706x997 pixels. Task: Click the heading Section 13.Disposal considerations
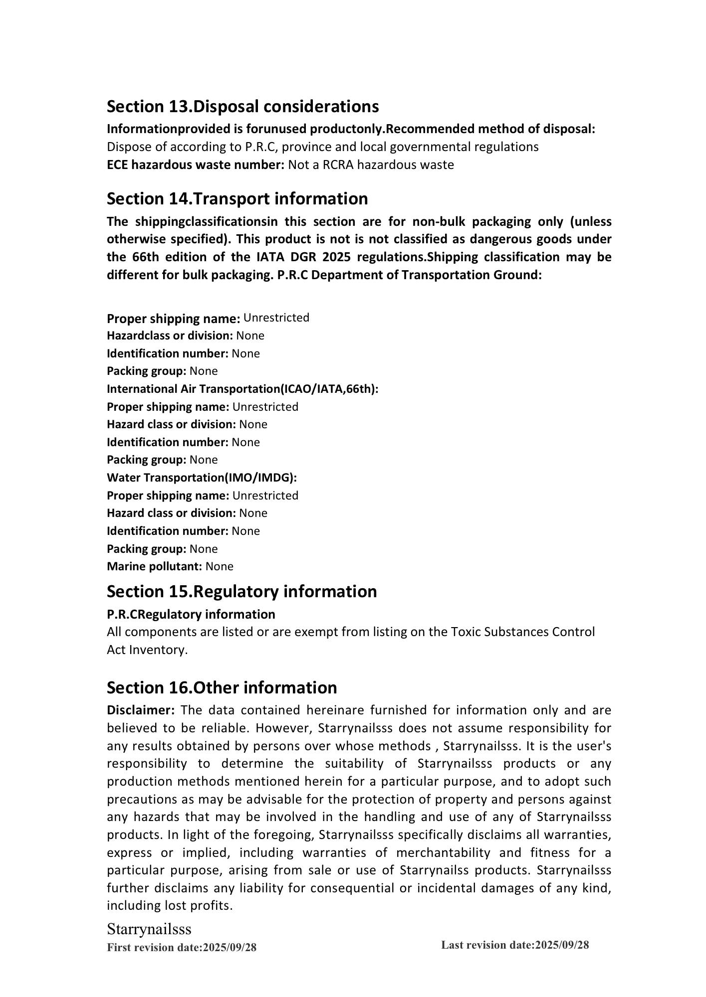242,107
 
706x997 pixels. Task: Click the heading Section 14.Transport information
237,199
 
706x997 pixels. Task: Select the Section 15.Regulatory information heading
241,592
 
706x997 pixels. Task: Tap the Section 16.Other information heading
222,688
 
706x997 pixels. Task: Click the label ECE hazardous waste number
195,165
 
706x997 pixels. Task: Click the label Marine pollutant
154,567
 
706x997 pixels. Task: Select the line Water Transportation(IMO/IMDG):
202,478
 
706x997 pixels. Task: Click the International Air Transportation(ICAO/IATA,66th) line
242,389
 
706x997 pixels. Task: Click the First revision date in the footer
182,948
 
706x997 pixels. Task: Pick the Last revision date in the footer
515,945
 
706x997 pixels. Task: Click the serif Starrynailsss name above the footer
149,929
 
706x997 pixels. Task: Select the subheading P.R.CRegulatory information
191,615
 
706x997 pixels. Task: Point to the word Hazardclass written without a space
138,336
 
